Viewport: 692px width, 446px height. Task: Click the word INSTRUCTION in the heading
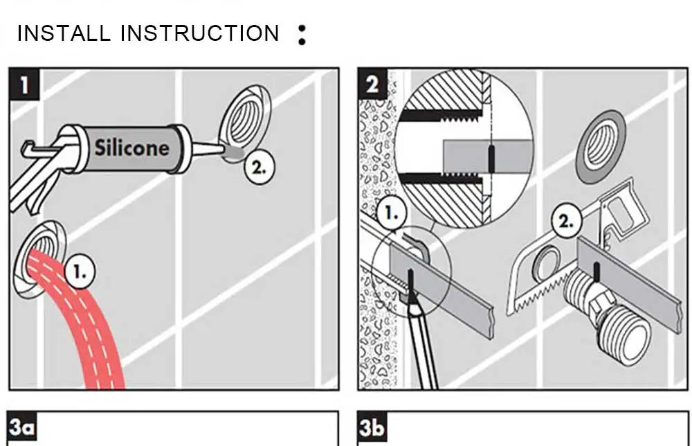[x=200, y=33]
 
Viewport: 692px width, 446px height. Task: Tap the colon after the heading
[x=301, y=35]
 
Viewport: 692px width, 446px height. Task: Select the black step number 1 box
[x=25, y=85]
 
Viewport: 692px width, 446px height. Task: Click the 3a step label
[x=23, y=427]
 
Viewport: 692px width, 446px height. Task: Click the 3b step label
[x=372, y=427]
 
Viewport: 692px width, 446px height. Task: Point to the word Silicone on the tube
[x=131, y=148]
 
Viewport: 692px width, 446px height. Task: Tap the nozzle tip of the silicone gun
[x=223, y=150]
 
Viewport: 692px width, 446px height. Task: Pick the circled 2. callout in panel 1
[x=258, y=166]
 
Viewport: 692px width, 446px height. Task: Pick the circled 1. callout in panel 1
[x=81, y=273]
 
